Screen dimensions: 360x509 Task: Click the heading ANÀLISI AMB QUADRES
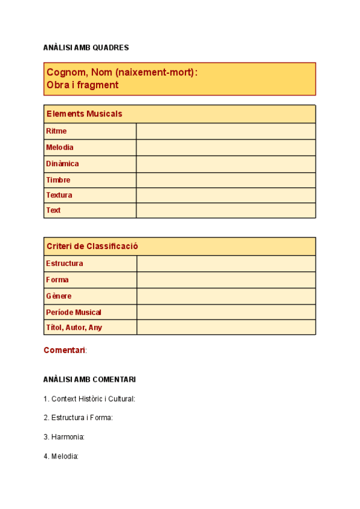tap(86, 47)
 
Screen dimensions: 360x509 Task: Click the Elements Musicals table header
tap(84, 113)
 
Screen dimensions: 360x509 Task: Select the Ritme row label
tap(56, 131)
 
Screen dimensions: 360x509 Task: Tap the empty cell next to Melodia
tap(226, 148)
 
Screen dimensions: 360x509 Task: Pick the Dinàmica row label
tap(62, 163)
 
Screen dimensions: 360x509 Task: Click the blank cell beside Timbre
tap(226, 180)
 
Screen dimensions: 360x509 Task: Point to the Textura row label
tap(59, 195)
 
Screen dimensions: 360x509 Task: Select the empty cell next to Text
tap(226, 211)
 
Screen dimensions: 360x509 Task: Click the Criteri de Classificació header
tap(92, 246)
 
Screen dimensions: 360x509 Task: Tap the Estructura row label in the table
tap(64, 264)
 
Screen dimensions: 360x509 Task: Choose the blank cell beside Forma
tap(226, 280)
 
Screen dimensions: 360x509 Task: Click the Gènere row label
tap(59, 296)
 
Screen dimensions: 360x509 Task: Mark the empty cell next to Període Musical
tap(226, 312)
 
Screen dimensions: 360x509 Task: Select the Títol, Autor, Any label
tap(74, 327)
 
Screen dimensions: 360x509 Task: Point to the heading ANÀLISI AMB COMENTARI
tap(89, 379)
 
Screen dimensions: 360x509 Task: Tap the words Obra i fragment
tap(82, 85)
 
